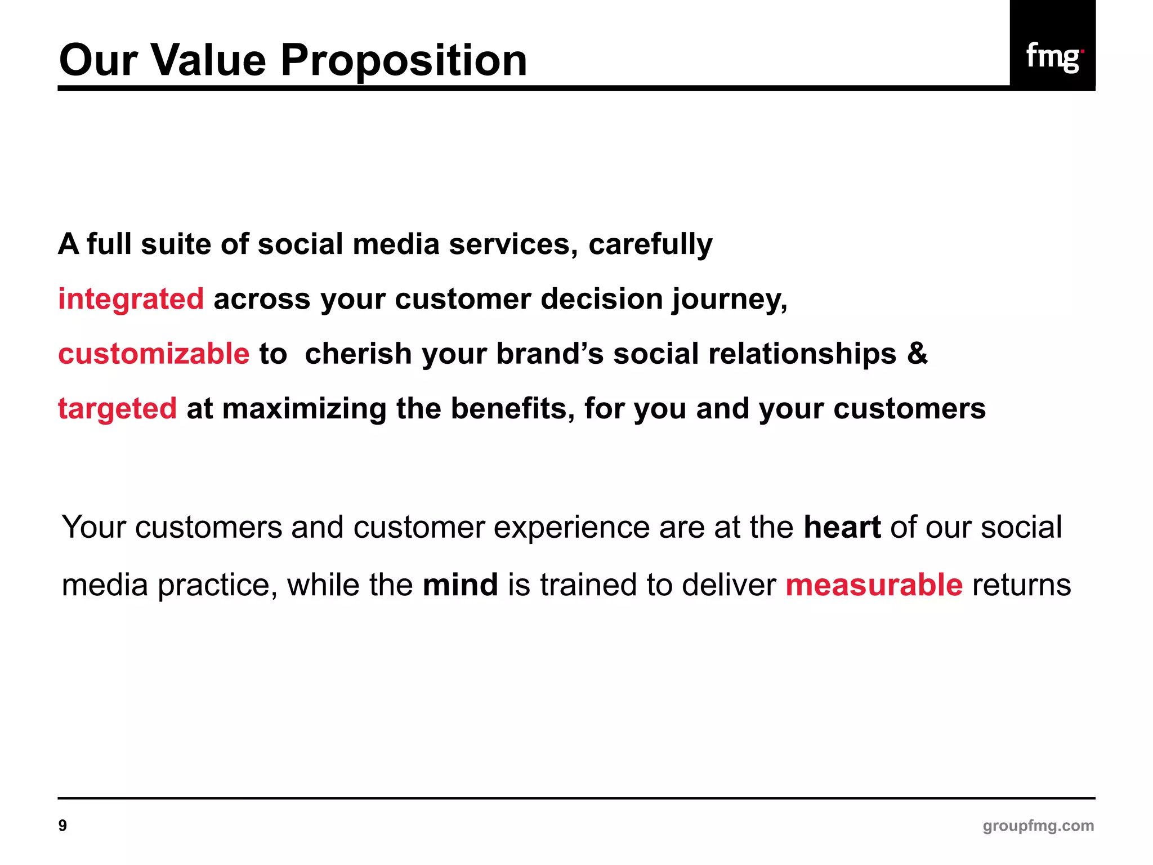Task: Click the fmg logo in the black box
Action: (1053, 56)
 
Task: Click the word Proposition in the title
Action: (404, 60)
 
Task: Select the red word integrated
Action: (131, 298)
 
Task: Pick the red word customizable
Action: (154, 354)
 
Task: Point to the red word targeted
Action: (117, 408)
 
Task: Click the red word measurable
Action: (874, 585)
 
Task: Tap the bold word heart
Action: (842, 527)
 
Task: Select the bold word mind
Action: (460, 585)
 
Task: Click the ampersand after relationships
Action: (917, 354)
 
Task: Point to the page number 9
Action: (62, 826)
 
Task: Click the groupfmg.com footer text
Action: (1038, 826)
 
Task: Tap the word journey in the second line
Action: (729, 300)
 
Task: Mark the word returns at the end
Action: (1021, 585)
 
